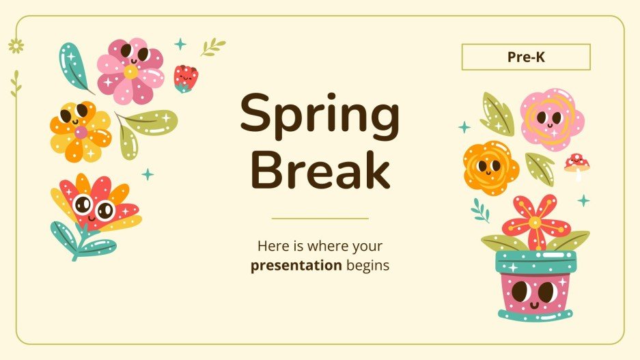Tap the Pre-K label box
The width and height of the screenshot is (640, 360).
click(x=526, y=57)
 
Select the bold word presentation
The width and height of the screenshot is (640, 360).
click(x=296, y=265)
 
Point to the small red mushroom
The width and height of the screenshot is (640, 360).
click(x=576, y=165)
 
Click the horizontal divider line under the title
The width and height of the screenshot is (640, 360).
click(x=320, y=219)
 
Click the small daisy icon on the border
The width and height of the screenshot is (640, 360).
click(x=16, y=46)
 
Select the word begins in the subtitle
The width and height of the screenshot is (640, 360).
click(x=367, y=265)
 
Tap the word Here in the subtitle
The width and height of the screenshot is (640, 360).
click(x=270, y=245)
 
